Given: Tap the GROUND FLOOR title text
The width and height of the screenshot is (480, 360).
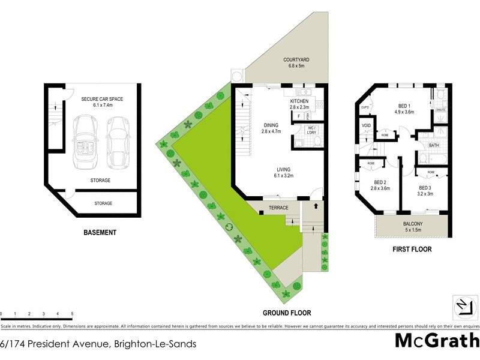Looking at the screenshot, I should pos(287,313).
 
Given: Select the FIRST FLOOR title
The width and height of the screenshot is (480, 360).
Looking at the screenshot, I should pos(412,249).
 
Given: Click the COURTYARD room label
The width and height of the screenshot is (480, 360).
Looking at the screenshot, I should pos(297,59).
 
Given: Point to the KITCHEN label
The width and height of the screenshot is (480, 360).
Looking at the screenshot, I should pos(299,101).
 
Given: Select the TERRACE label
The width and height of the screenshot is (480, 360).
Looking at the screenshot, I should pos(279,208).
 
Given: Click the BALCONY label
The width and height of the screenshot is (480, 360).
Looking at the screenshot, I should pos(412,224).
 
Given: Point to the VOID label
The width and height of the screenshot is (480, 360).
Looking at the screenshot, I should pos(366,125).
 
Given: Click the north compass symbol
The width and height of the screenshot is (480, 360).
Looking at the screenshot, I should pos(463,305).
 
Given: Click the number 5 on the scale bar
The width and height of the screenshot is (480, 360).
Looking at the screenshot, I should pos(72,314).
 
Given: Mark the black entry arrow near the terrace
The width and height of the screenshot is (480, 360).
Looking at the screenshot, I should pos(316,206).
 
